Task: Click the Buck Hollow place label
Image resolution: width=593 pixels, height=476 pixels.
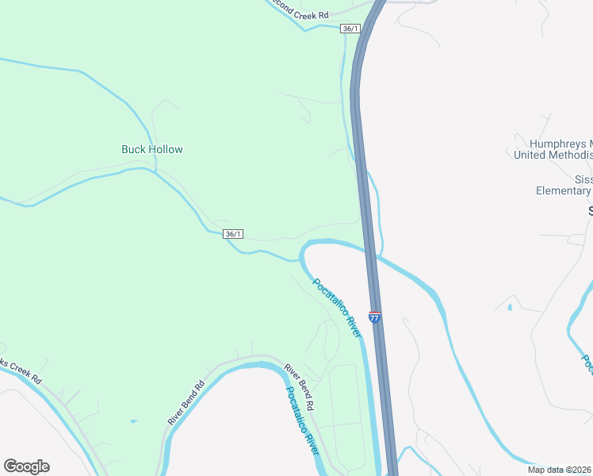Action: (152, 149)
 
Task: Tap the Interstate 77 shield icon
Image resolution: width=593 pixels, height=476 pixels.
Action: (375, 317)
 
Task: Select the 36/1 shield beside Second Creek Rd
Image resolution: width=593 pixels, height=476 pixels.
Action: (350, 29)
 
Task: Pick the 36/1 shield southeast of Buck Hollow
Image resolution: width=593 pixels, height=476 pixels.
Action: (233, 234)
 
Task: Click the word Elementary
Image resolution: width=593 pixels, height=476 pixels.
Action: (563, 190)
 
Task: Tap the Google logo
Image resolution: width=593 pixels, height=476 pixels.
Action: (26, 466)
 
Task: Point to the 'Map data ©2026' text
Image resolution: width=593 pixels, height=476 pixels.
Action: (560, 469)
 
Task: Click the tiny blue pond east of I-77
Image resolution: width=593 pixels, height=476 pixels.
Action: (509, 306)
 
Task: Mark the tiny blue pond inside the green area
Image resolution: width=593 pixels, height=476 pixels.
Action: (132, 421)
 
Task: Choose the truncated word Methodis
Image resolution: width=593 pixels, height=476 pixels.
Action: (576, 155)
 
